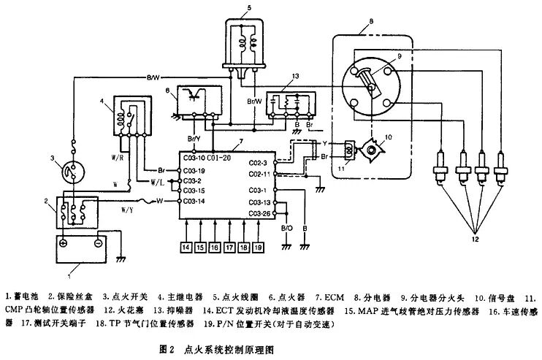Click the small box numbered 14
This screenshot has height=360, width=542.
click(x=186, y=246)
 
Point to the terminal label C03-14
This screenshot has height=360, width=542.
click(x=193, y=199)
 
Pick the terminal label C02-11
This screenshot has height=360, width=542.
click(x=259, y=174)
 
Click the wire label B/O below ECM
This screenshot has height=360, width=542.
click(x=287, y=229)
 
